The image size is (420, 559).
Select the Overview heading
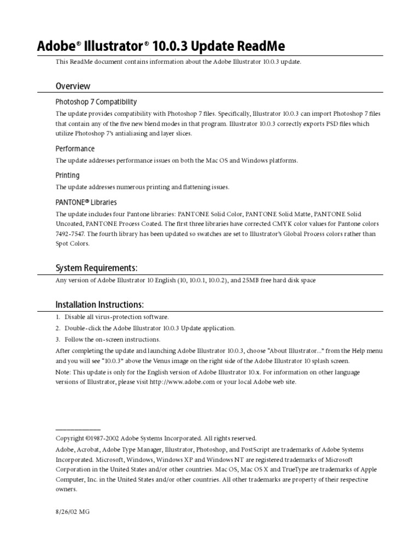[x=73, y=86]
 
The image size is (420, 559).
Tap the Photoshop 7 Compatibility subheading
[x=96, y=102]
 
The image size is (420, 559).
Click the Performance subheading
[x=75, y=149]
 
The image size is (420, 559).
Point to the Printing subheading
[x=67, y=175]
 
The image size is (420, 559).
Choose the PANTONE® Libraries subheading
[x=86, y=202]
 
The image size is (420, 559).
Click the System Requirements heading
[x=96, y=267]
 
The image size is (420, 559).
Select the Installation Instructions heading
[x=100, y=304]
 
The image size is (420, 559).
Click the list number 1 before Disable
[x=57, y=317]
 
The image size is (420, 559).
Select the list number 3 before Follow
[x=57, y=339]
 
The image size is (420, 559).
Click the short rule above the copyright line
[x=78, y=430]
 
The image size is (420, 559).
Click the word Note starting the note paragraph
[x=63, y=372]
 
